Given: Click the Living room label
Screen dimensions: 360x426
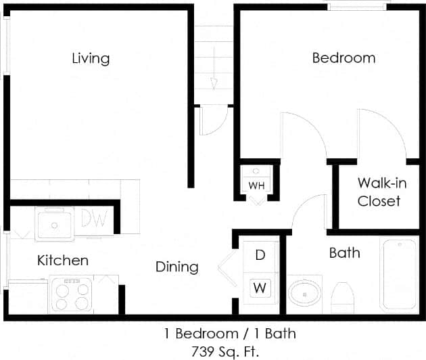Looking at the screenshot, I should point(91,58).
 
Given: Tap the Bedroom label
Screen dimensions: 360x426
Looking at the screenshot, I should point(344,58).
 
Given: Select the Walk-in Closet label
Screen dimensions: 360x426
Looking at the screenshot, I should point(379,192).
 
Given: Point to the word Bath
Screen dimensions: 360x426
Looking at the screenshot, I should point(344,254).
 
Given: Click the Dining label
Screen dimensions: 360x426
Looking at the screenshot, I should point(177,267).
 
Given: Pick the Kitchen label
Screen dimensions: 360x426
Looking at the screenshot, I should point(63,261).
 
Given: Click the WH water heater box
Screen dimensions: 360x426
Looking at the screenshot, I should point(256,183).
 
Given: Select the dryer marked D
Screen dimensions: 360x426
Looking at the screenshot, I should point(260,255).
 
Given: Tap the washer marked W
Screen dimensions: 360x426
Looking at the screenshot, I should point(260,287).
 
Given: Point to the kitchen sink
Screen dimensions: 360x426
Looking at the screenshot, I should point(55,223).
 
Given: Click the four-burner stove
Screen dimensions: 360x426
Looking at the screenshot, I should point(71,294).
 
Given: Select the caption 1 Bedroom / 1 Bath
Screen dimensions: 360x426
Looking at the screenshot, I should point(230,333).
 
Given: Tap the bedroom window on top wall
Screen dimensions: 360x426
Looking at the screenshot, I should point(358,6).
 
